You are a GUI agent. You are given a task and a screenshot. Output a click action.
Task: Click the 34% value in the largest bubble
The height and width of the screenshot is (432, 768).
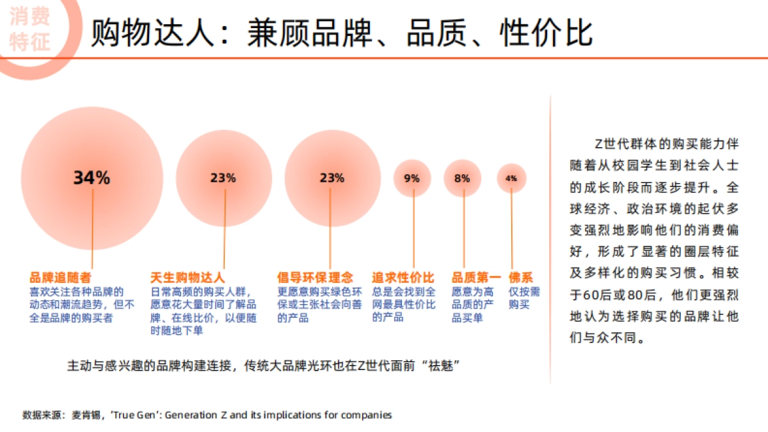click(92, 178)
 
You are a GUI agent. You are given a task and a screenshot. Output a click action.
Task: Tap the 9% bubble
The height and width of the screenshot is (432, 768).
click(412, 179)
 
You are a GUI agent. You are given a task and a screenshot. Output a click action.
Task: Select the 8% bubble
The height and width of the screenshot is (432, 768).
click(462, 179)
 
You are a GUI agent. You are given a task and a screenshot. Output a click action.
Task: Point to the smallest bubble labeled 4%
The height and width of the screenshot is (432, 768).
click(511, 179)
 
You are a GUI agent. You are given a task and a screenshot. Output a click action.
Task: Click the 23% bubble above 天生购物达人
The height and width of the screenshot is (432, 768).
click(223, 179)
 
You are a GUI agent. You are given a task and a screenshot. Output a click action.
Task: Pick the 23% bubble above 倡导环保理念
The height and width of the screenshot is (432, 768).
click(332, 179)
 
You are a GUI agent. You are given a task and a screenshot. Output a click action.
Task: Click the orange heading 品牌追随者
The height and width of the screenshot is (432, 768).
click(60, 278)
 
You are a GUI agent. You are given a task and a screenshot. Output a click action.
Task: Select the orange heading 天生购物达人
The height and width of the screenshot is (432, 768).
click(188, 278)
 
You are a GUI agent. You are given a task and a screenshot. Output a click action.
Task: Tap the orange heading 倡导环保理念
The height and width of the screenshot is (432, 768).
click(315, 278)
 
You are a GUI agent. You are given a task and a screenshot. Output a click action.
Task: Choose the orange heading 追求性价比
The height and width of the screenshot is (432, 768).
click(403, 278)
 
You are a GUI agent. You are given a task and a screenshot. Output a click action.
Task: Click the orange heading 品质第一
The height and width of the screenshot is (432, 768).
click(476, 278)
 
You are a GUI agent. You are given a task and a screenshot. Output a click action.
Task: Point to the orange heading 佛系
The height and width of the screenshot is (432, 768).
click(521, 278)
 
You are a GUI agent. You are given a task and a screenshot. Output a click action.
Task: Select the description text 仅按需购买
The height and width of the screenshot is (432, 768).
click(524, 298)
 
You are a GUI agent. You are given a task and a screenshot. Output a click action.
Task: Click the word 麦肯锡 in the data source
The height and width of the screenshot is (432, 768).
click(88, 415)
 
